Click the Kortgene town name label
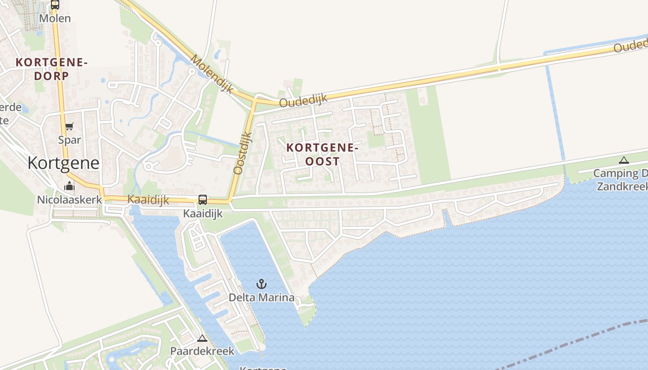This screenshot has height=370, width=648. pos(63,163)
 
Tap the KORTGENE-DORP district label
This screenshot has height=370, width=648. pos(51,69)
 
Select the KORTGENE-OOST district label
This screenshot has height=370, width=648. pos(323,154)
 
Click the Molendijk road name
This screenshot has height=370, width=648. pos(212,74)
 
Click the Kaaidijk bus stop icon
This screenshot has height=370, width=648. pos(203,200)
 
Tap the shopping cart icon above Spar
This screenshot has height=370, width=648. pos(69,127)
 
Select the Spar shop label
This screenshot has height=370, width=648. pos(69,140)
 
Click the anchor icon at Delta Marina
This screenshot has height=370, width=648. pos(262,284)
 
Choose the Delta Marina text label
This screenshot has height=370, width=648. pos(262,297)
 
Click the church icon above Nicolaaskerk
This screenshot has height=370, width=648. pos(69,186)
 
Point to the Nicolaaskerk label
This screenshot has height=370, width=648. pos(69,200)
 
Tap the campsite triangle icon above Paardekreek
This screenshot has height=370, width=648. pos(202,338)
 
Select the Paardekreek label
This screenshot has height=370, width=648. pos(202,351)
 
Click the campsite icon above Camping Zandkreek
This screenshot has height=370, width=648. pos(623,161)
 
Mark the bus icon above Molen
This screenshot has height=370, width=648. pos(55,5)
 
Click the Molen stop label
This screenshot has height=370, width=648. pos(55,18)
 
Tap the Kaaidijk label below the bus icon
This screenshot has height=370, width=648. pos(203,213)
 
